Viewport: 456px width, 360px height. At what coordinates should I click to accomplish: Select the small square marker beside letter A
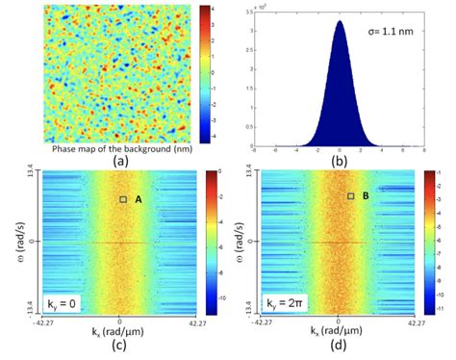point(122,198)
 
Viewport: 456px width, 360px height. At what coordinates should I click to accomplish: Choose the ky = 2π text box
point(283,302)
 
